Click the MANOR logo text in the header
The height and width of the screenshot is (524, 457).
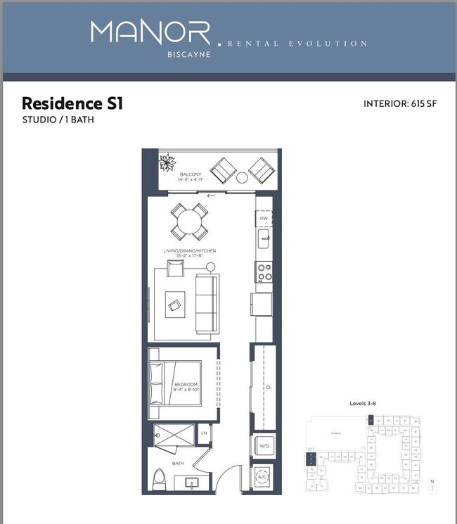(150, 33)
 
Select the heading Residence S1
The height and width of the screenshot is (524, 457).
(72, 103)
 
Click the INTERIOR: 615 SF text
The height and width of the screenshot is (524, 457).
(400, 103)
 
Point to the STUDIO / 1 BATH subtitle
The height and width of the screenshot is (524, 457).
(58, 120)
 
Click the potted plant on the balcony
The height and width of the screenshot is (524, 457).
(169, 163)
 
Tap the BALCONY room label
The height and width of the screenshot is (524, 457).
(191, 174)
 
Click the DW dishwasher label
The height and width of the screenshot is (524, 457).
(264, 219)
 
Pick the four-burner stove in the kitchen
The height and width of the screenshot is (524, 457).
(264, 271)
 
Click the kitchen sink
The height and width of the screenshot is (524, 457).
(264, 241)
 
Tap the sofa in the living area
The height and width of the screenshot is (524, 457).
(205, 303)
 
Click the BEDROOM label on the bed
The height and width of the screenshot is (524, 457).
(186, 385)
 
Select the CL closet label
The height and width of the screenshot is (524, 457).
(269, 386)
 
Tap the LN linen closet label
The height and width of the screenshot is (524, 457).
(204, 433)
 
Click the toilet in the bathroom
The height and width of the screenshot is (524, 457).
(160, 481)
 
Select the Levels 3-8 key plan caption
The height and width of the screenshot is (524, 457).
(364, 404)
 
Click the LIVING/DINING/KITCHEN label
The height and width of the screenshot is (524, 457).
(191, 251)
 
